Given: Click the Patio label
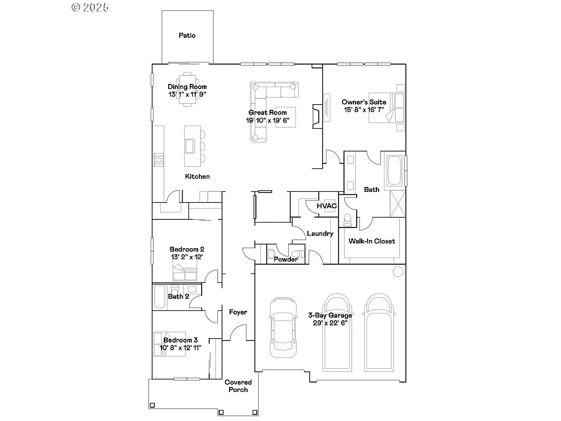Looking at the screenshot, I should (x=187, y=36).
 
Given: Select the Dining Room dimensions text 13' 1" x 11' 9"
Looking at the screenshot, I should (x=187, y=94).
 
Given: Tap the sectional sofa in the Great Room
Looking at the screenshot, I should (x=259, y=112).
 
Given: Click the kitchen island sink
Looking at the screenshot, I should (x=191, y=146).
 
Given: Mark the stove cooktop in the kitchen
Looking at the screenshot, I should (x=159, y=160).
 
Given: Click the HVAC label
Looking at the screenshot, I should (x=327, y=206).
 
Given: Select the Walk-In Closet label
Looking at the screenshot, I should (x=371, y=241).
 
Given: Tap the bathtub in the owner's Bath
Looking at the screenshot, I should (x=394, y=170).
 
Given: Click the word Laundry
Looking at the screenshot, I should (x=320, y=234).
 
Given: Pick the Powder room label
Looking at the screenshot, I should (x=285, y=259).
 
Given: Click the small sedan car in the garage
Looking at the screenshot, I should (x=283, y=327).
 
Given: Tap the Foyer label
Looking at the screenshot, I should (x=238, y=312).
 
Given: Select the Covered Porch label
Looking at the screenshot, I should (x=238, y=386).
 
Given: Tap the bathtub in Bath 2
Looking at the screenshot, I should (x=159, y=297).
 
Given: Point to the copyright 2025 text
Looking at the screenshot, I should (x=90, y=7).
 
